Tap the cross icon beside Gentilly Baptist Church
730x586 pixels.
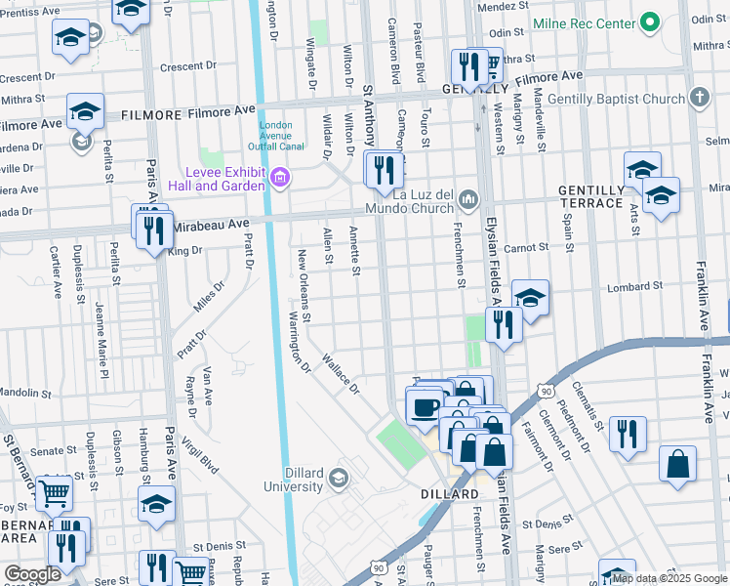pyautogui.click(x=698, y=98)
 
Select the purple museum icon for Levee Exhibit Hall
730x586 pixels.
pyautogui.click(x=280, y=177)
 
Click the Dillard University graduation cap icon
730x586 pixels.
pyautogui.click(x=338, y=477)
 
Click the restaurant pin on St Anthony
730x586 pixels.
pyautogui.click(x=384, y=170)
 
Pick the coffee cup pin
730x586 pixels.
pyautogui.click(x=425, y=405)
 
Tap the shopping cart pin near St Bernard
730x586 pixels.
pyautogui.click(x=54, y=494)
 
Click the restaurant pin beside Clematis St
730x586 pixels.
pyautogui.click(x=628, y=433)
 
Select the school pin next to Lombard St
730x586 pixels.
pyautogui.click(x=530, y=298)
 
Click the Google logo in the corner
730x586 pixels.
pyautogui.click(x=32, y=574)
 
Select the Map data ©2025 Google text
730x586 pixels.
pyautogui.click(x=669, y=579)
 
